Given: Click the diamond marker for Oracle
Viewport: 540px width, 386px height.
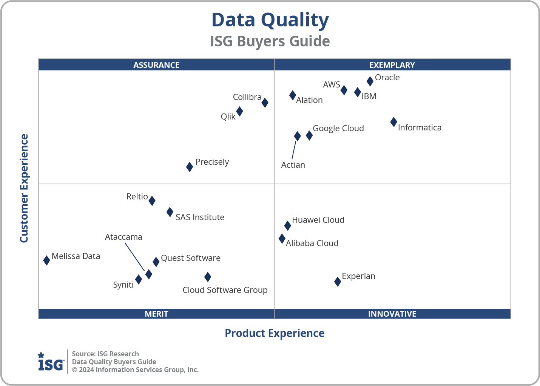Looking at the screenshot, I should [370, 81].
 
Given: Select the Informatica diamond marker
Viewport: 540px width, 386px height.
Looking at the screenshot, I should [393, 122].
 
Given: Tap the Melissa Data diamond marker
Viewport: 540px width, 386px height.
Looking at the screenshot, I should [46, 260].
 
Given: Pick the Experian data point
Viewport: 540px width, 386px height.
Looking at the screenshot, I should [338, 282].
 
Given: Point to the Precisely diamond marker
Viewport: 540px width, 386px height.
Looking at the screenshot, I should [190, 167].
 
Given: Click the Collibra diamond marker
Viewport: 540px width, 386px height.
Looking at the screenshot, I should [265, 103].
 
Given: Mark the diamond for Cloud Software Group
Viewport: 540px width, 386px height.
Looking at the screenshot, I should [208, 277].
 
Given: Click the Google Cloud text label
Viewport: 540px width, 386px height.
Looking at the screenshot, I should [338, 128].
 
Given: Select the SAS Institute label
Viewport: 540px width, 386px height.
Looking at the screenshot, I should [200, 217].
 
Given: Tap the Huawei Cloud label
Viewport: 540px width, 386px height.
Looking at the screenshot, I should [318, 220].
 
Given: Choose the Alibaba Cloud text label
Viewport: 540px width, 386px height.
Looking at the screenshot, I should [312, 243].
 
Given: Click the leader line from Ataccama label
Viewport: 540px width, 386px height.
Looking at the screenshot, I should [135, 257].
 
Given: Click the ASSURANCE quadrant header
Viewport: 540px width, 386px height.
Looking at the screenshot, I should [156, 65].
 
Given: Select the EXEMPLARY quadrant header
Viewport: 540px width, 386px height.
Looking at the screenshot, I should [392, 65].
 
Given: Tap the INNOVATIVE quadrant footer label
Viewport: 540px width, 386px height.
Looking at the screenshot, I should [392, 314].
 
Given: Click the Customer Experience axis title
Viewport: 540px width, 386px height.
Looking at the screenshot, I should [24, 188].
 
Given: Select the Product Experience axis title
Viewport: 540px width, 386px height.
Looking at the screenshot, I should [275, 333].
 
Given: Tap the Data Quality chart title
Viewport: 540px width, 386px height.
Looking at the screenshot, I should [270, 20].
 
